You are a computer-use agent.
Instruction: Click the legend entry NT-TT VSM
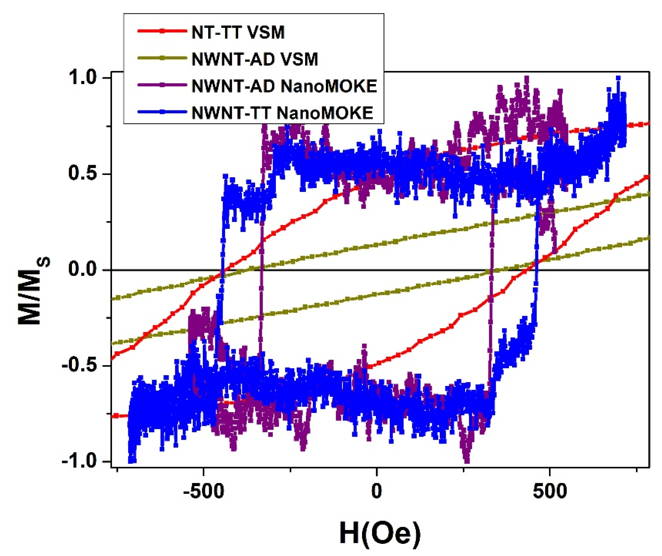pyautogui.click(x=238, y=32)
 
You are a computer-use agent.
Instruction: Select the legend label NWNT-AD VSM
pyautogui.click(x=255, y=59)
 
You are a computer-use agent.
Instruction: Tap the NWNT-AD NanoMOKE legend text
pyautogui.click(x=284, y=86)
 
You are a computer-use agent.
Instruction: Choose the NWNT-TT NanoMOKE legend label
pyautogui.click(x=282, y=113)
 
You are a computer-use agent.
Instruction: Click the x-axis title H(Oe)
pyautogui.click(x=380, y=534)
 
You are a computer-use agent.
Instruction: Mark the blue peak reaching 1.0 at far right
pyautogui.click(x=618, y=78)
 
